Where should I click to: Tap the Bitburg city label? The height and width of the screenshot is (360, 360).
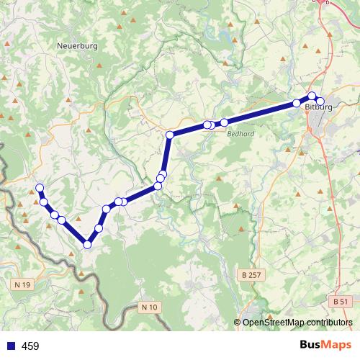tap(318, 108)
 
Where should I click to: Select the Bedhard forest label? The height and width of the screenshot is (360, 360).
tap(238, 133)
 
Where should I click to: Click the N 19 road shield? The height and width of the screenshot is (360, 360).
tap(23, 285)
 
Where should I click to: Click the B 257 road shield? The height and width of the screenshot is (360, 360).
tap(248, 276)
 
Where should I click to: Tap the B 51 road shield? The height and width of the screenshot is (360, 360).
tap(341, 301)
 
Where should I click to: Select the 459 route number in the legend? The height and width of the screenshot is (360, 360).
tap(30, 346)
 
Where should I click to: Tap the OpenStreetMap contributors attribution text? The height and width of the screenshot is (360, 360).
tap(297, 323)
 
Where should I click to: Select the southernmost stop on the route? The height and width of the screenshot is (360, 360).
tap(87, 244)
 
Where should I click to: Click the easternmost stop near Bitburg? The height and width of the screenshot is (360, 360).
tap(320, 102)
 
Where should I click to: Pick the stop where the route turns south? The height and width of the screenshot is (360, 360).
tap(170, 135)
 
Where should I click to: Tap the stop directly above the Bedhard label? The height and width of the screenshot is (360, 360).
tap(224, 122)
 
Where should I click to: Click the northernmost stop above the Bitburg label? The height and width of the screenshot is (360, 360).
tap(312, 96)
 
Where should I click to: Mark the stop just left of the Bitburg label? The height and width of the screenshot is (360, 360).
tap(297, 104)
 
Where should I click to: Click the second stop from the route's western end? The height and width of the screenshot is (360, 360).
tap(44, 202)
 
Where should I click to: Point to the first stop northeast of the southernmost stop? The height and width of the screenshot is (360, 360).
tap(99, 228)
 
